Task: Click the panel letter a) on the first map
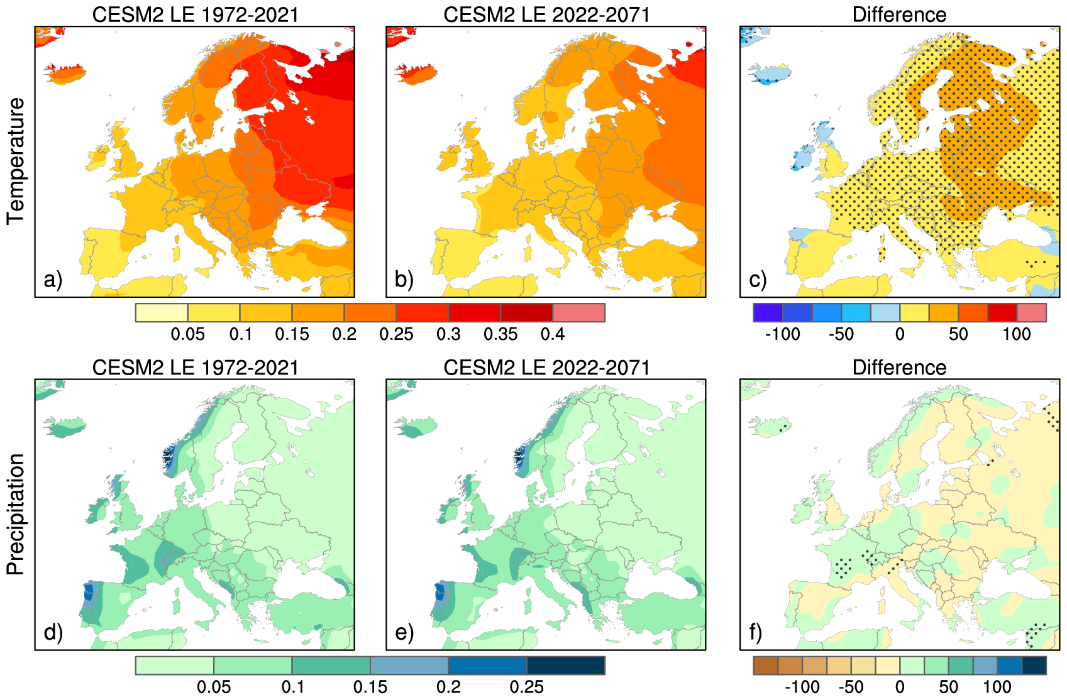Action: [x=53, y=280]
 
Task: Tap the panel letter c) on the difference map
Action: [x=758, y=280]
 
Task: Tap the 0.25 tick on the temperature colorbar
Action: [x=396, y=334]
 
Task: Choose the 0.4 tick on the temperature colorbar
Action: [x=553, y=334]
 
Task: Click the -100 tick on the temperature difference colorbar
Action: [x=782, y=334]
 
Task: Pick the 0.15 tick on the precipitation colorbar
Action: [x=370, y=687]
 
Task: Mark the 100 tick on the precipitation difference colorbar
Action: [x=997, y=687]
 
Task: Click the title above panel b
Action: [x=546, y=14]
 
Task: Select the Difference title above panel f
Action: [x=899, y=368]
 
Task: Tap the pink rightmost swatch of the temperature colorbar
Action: [x=578, y=313]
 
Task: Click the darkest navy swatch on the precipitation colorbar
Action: [x=565, y=665]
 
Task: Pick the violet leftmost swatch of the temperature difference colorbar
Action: [x=768, y=313]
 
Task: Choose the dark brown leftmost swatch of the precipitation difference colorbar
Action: [x=765, y=665]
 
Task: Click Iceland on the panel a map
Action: [x=65, y=74]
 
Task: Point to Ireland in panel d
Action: [x=97, y=511]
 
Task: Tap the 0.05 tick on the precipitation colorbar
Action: [x=214, y=687]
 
